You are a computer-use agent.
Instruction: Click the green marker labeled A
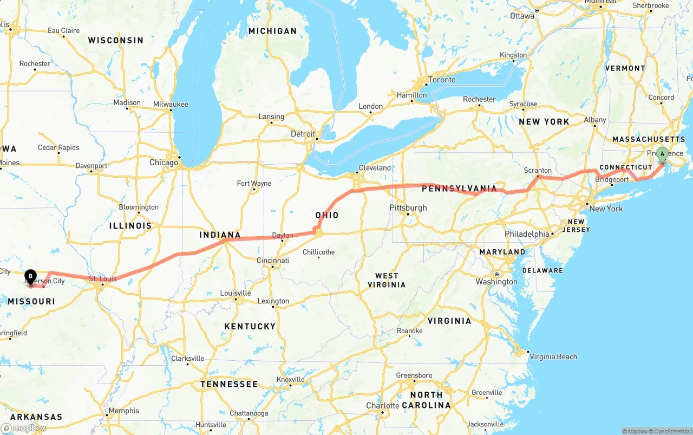[662, 154]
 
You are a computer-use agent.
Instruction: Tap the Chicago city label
[164, 163]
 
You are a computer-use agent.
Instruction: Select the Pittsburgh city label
[408, 207]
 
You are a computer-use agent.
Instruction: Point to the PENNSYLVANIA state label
[459, 189]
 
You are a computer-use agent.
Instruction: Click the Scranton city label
[538, 170]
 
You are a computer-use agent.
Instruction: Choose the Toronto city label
[442, 80]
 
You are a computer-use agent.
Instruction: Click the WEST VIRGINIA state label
[387, 281]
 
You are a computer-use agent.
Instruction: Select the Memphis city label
[123, 411]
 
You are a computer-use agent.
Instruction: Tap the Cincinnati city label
[272, 261]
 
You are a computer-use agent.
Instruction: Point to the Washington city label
[496, 282]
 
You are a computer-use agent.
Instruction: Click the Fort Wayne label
[254, 184]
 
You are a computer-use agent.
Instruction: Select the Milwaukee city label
[171, 104]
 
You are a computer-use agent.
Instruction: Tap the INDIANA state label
[220, 235]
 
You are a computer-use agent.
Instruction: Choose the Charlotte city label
[382, 406]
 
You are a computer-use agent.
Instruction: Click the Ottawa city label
[522, 16]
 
